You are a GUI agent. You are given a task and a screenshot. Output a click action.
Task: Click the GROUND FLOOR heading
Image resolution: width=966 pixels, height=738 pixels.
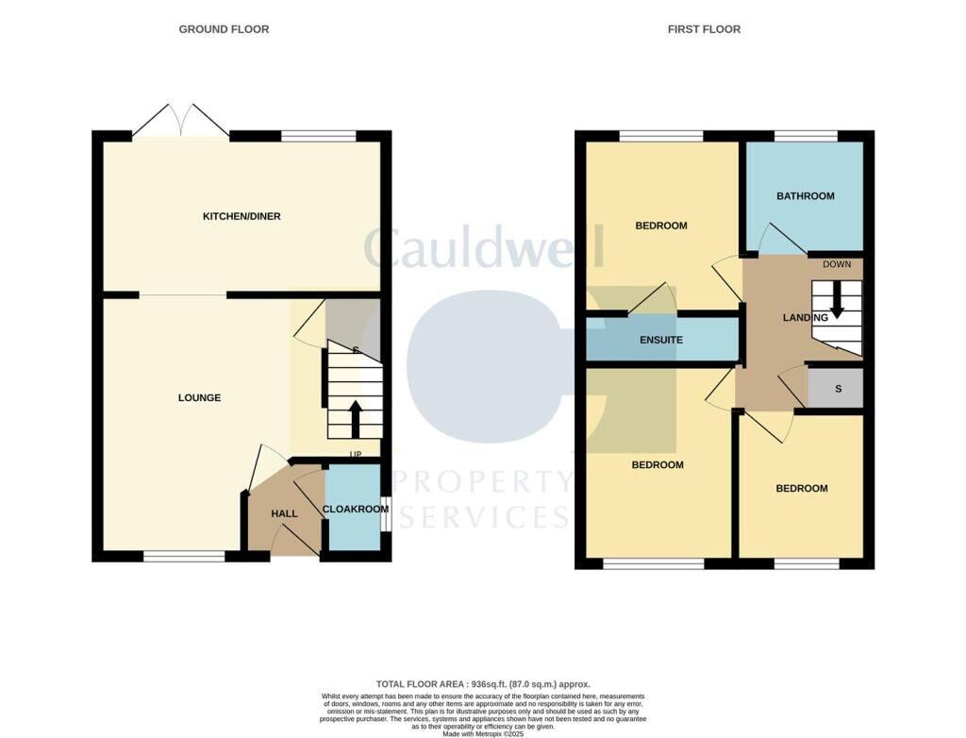click(x=224, y=29)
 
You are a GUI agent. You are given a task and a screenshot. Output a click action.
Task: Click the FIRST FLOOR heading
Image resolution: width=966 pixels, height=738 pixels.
click(x=704, y=29)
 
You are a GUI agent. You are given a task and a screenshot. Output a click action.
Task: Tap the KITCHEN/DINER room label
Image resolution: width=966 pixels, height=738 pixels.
click(x=241, y=216)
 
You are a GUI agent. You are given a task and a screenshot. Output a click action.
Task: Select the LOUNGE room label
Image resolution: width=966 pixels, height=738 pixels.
click(x=199, y=397)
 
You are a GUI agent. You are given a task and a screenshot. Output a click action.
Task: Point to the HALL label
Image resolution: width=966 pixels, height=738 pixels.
click(x=284, y=513)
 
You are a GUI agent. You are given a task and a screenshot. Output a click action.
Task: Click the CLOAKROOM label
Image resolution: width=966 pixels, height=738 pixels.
click(x=355, y=509)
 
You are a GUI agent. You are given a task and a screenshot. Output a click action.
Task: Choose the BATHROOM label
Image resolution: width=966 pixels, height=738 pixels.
click(x=805, y=196)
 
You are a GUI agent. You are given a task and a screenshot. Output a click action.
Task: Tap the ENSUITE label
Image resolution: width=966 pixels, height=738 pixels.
click(x=660, y=340)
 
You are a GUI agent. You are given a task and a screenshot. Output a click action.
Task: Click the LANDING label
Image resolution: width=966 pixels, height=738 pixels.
click(x=805, y=318)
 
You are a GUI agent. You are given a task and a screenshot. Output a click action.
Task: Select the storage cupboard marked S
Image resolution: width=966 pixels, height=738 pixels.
click(x=837, y=389)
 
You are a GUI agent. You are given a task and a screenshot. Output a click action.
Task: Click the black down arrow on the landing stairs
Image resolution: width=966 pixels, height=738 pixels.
click(x=836, y=301)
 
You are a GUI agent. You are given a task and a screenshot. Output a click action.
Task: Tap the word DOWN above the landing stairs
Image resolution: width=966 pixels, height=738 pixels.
click(x=836, y=264)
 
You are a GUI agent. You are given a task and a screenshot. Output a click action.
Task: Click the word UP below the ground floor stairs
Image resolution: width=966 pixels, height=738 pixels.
click(x=356, y=455)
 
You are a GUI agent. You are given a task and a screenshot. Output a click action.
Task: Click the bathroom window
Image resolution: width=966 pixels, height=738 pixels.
click(x=805, y=136)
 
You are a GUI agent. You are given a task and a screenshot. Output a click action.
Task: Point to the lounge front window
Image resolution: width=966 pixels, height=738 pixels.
click(x=184, y=558)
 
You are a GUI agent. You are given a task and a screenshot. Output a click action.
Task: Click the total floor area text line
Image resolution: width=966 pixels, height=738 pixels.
click(x=482, y=684)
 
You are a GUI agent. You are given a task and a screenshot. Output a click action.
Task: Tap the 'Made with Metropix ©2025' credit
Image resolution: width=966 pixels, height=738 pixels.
click(x=482, y=733)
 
